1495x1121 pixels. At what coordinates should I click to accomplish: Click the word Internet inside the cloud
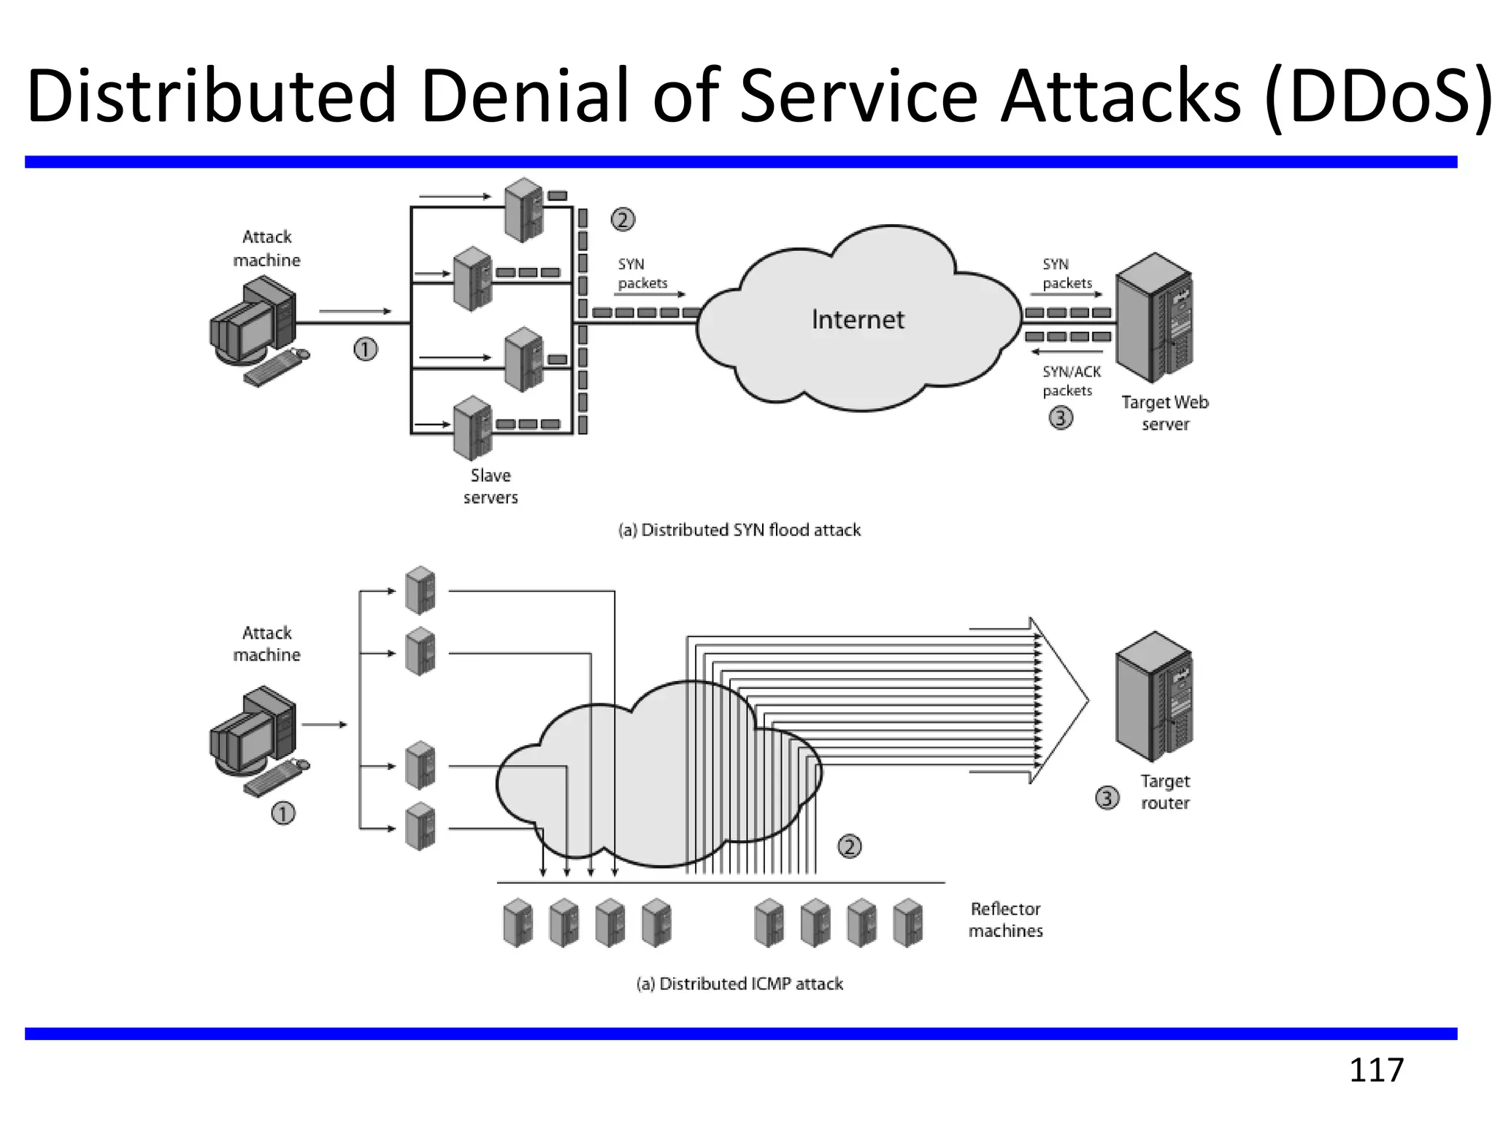click(858, 320)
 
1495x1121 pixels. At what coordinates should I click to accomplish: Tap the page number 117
click(1376, 1070)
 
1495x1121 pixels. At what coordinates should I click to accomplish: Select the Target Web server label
click(1165, 413)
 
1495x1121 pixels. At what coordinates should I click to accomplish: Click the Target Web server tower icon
click(1154, 318)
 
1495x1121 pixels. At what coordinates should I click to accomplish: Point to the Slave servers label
click(491, 487)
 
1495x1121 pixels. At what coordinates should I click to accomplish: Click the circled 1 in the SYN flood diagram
click(366, 350)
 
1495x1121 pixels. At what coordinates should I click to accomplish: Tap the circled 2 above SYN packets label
click(623, 220)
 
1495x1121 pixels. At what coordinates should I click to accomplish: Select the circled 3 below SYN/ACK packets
click(1061, 418)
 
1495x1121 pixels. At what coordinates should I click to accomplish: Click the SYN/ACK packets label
click(1070, 381)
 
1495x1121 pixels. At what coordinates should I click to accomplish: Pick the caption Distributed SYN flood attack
click(739, 530)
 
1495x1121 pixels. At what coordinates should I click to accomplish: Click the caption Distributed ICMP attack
click(739, 984)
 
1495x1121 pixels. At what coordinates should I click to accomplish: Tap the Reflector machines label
click(1005, 920)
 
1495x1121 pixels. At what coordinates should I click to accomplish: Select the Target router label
click(1165, 792)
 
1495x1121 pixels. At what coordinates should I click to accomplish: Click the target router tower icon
click(1154, 697)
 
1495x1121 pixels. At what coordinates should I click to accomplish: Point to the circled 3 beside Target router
click(1107, 798)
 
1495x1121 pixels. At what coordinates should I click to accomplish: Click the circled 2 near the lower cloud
click(849, 847)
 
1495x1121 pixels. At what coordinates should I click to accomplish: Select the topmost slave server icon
click(524, 209)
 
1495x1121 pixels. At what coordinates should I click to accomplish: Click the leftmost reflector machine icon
click(518, 922)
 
